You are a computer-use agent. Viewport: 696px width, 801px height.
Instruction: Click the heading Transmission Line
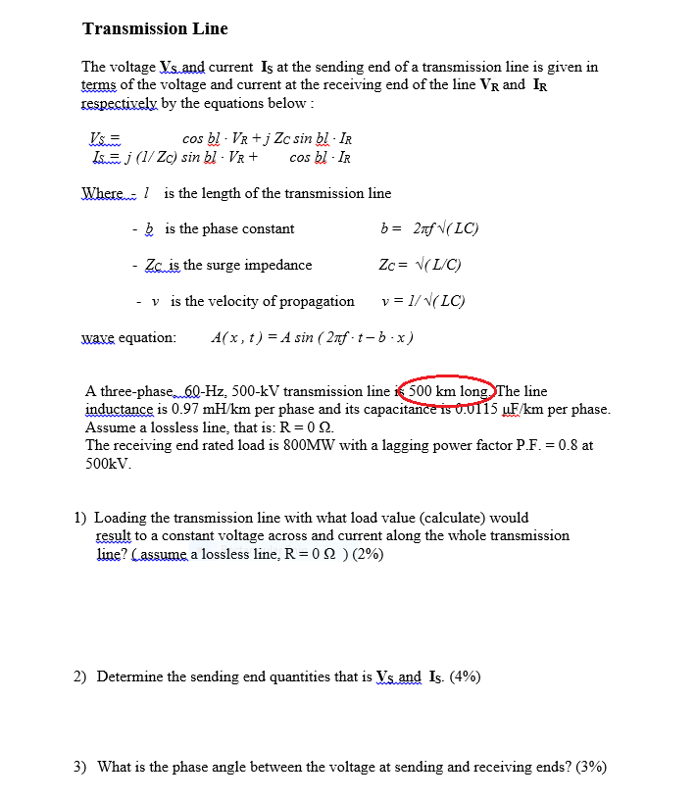[155, 28]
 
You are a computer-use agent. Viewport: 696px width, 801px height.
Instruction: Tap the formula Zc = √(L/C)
[420, 265]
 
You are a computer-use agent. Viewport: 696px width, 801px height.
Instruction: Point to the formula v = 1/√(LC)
[423, 301]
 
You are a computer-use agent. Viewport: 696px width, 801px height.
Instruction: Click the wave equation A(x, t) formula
[312, 337]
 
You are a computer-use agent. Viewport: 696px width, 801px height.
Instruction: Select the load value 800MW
[294, 445]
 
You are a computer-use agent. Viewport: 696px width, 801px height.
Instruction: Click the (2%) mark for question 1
[367, 554]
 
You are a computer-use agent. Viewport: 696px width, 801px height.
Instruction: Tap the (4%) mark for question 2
[465, 676]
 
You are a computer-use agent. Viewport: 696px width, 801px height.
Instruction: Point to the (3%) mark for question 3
[590, 767]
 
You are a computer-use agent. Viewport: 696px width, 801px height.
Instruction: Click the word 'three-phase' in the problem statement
[134, 391]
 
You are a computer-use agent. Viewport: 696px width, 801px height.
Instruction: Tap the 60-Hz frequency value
[208, 391]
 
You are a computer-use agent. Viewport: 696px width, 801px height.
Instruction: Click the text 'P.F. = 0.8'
[543, 445]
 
